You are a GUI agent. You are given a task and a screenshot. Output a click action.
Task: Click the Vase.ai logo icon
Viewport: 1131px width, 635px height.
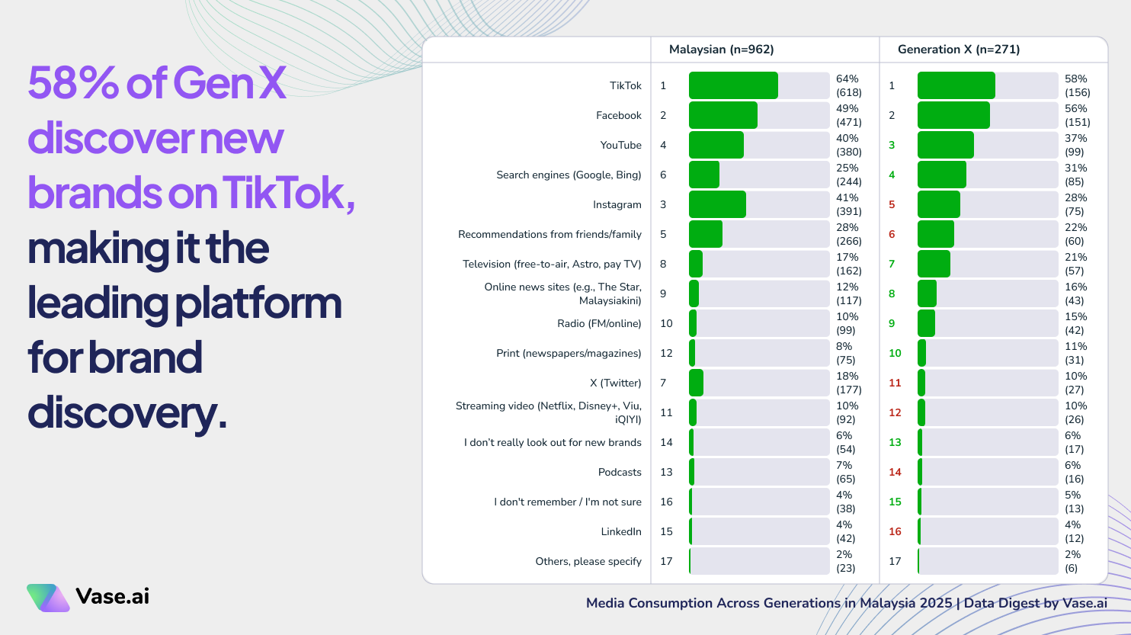tap(48, 598)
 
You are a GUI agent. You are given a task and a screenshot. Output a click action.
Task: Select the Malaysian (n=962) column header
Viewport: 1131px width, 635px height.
tap(721, 50)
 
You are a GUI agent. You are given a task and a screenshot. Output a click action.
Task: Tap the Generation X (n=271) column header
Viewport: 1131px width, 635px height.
tap(958, 50)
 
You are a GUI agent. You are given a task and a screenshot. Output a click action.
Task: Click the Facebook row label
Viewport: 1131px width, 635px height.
tap(618, 116)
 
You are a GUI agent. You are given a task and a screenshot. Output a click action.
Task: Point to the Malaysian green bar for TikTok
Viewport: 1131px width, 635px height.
tap(732, 85)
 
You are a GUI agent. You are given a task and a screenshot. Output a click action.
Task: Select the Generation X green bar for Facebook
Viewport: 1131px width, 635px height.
tap(953, 115)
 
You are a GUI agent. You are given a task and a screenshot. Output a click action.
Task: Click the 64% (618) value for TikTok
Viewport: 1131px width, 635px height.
tap(848, 85)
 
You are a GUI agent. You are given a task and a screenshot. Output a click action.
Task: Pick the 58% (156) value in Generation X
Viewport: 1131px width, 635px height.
tap(1077, 85)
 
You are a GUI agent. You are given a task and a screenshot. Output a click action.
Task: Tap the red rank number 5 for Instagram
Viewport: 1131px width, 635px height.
tap(892, 205)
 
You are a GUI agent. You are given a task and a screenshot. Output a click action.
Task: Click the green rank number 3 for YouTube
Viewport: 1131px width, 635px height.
tap(892, 146)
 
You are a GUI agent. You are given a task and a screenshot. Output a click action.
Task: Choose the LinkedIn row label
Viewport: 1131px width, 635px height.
tap(620, 532)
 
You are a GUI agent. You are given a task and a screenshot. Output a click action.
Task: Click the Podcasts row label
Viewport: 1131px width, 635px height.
tap(619, 473)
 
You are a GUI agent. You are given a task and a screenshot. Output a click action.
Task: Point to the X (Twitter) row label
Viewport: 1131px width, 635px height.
tap(615, 383)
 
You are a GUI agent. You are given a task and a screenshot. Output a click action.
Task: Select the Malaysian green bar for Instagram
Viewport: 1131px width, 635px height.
tap(716, 204)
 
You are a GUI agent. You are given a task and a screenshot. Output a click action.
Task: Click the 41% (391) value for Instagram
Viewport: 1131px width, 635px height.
tap(848, 204)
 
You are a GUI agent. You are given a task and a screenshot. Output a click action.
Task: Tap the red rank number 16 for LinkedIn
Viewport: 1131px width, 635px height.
tap(895, 532)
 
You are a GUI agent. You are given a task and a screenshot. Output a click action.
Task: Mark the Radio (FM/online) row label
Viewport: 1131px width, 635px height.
tap(599, 324)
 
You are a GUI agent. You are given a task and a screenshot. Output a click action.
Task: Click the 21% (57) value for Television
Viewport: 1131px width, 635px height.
tap(1075, 264)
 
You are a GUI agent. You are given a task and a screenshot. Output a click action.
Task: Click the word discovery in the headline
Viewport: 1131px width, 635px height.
tap(127, 413)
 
